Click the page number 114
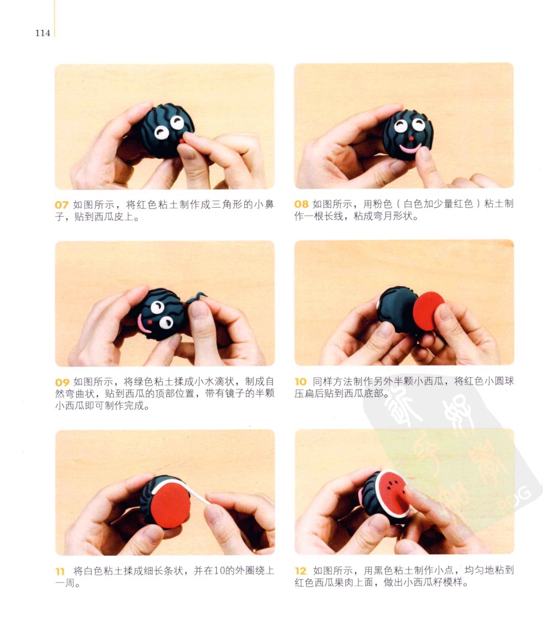(x=43, y=33)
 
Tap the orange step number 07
(x=61, y=205)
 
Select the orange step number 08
(x=301, y=204)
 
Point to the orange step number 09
(x=62, y=382)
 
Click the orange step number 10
(x=301, y=381)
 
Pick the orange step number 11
(x=60, y=571)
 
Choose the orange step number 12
(x=301, y=571)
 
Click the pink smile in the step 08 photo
(x=410, y=149)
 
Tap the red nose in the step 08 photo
(x=411, y=138)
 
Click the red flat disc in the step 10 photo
(x=428, y=311)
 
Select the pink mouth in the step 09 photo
(x=143, y=324)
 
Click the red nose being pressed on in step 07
(x=182, y=141)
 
